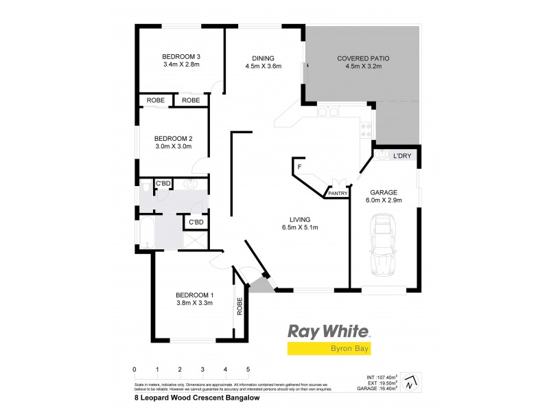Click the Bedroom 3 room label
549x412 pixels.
point(180,60)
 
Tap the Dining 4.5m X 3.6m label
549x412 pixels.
point(264,62)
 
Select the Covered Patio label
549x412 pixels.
point(359,62)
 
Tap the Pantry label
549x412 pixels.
point(338,194)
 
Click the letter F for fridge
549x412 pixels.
point(300,167)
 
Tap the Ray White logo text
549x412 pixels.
point(329,332)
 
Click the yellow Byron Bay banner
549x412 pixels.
point(329,349)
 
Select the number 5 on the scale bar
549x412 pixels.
point(248,369)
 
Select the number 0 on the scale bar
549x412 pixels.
point(135,369)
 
